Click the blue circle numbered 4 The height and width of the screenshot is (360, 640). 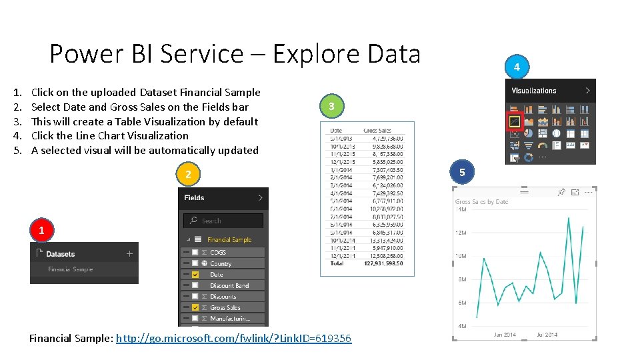517,67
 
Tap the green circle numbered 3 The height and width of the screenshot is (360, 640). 331,106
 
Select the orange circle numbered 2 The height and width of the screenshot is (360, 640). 189,174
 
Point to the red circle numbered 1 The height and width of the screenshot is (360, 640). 42,230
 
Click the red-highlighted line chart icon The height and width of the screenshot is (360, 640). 514,121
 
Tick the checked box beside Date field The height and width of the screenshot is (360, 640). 195,275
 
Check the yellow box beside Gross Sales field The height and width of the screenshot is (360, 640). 195,307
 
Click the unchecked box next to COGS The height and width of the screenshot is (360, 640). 195,253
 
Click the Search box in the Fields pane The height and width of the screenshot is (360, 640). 223,221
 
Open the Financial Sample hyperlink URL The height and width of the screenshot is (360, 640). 233,339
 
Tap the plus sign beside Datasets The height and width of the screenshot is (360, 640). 129,254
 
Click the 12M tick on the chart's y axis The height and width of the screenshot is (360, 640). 461,233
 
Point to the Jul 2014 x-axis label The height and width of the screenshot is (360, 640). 547,335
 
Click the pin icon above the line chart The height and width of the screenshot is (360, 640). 561,192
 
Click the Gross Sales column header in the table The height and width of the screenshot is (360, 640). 377,131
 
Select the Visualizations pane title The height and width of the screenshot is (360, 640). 533,91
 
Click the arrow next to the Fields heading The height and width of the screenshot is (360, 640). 259,197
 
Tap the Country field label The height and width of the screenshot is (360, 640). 221,264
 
